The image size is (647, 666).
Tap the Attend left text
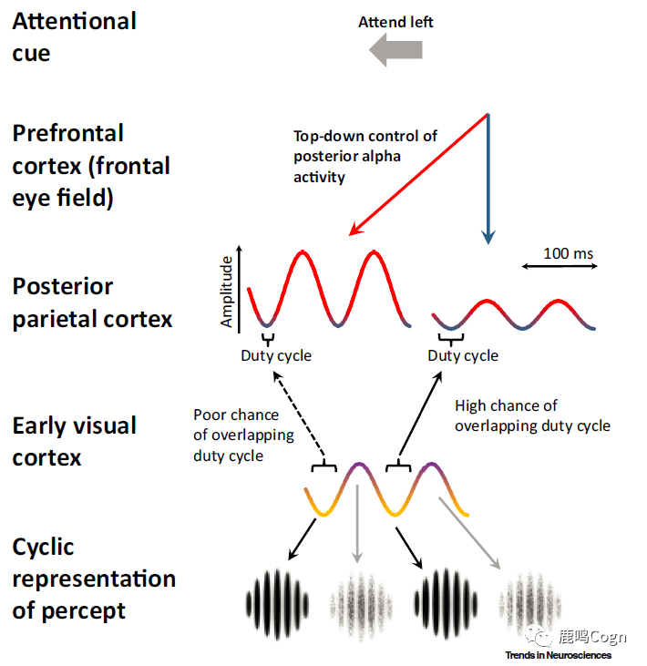(395, 22)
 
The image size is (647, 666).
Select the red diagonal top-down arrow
(418, 173)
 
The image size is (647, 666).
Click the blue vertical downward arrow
(488, 178)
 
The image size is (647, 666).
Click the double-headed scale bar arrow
(560, 266)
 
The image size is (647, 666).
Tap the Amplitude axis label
(227, 291)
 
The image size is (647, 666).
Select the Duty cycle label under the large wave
(275, 355)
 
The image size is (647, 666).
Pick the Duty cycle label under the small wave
(463, 355)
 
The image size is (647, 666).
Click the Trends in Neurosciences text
(558, 655)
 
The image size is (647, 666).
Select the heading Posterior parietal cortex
(91, 302)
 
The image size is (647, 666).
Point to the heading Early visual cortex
(74, 441)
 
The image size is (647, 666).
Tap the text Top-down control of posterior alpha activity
(365, 156)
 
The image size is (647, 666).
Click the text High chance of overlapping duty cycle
(532, 415)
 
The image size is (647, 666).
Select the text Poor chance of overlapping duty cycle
(243, 435)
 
